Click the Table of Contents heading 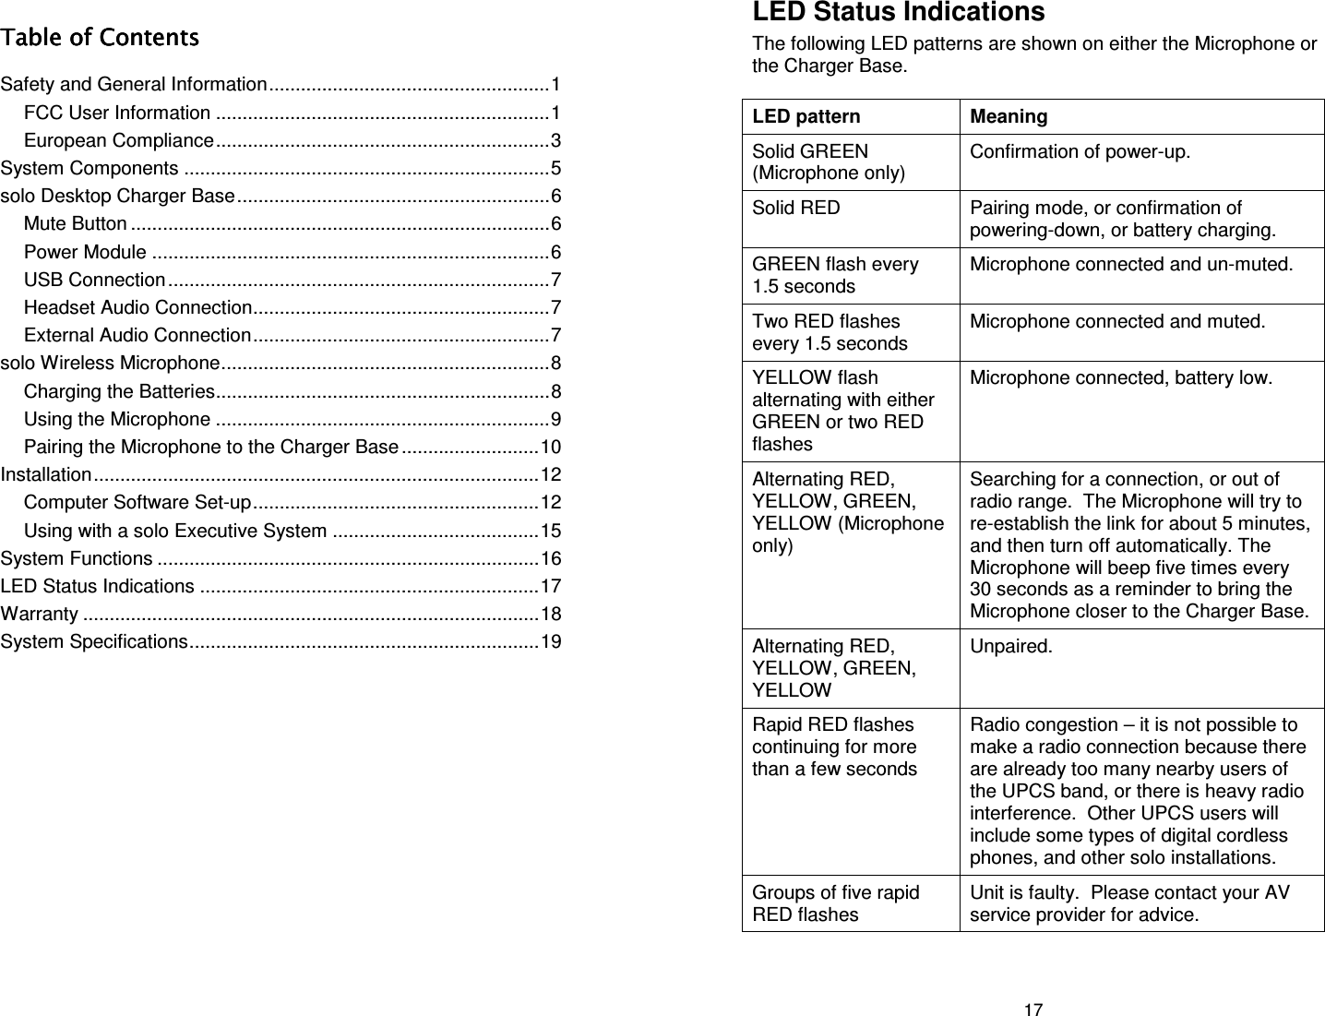pyautogui.click(x=100, y=38)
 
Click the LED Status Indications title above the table pyautogui.click(x=898, y=13)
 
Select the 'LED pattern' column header pyautogui.click(x=806, y=117)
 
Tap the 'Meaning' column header pyautogui.click(x=1009, y=117)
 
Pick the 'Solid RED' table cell pyautogui.click(x=796, y=209)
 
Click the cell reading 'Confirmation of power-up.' pyautogui.click(x=1079, y=151)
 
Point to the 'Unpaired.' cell pyautogui.click(x=1009, y=646)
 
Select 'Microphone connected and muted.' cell pyautogui.click(x=1117, y=322)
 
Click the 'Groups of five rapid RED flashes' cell pyautogui.click(x=835, y=903)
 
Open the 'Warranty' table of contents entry pyautogui.click(x=40, y=615)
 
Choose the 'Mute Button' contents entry pyautogui.click(x=76, y=224)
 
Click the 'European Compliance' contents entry pyautogui.click(x=119, y=141)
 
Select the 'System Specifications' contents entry pyautogui.click(x=94, y=642)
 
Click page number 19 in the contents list pyautogui.click(x=551, y=642)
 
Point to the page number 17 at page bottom pyautogui.click(x=1033, y=1008)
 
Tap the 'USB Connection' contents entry pyautogui.click(x=95, y=280)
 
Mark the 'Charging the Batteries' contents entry pyautogui.click(x=120, y=391)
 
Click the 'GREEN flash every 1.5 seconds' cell pyautogui.click(x=835, y=275)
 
